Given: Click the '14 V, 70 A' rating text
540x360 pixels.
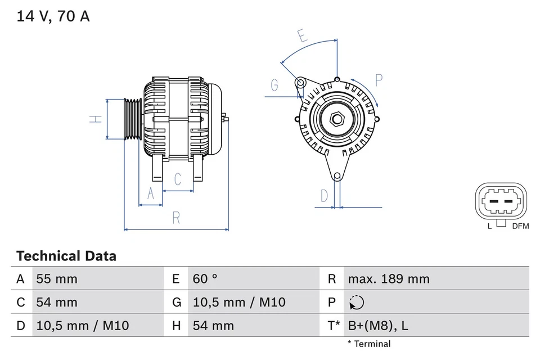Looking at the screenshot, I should pos(53,16).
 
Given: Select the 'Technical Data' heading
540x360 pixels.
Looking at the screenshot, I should pos(66,256).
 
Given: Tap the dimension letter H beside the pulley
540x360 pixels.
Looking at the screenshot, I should pos(97,119).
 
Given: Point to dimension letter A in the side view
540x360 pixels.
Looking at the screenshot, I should pos(150,193).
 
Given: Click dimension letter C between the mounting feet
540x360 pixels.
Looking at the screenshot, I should pos(178,179).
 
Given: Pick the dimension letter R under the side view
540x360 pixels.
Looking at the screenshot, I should pos(176,217).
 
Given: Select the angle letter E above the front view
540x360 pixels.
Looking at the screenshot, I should pos(303,38).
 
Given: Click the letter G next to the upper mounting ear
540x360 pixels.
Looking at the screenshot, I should pos(274,85).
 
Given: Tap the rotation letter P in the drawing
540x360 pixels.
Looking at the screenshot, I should pos(379,80).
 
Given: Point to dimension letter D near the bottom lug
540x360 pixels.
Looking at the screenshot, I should pos(324,196).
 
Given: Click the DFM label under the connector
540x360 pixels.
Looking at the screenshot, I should pos(520,226).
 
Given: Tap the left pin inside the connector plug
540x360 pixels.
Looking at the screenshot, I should pos(493,201).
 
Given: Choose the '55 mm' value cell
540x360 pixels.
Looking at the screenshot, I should pos(57,279).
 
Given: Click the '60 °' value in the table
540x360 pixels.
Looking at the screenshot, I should pos(205,279).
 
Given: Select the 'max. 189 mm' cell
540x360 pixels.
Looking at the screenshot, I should pos(388,279).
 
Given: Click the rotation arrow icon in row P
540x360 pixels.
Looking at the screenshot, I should pos(356,303).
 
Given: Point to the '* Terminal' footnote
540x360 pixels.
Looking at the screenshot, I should pos(368,344).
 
